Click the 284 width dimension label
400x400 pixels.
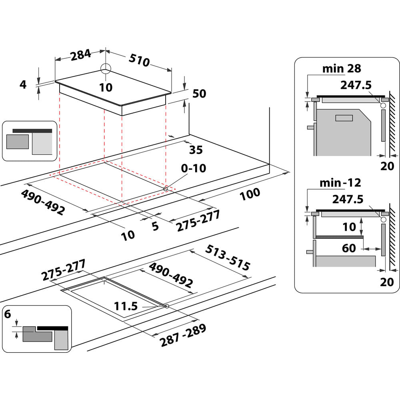[80, 56]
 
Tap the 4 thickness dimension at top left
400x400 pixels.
[23, 85]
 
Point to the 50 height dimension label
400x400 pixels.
[199, 94]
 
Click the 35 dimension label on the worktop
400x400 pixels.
[196, 150]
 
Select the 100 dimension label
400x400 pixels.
[250, 194]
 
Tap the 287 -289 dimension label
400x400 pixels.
[183, 335]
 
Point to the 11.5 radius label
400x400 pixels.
[126, 307]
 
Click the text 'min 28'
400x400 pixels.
[342, 69]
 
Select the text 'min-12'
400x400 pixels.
[340, 183]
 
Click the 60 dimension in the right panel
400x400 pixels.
[349, 248]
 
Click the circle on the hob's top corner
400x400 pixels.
[106, 68]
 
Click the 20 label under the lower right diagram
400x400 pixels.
[387, 282]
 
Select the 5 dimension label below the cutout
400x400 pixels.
[155, 226]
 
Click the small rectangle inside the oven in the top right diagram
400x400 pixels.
[344, 118]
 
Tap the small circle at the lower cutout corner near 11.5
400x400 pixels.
[166, 306]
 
